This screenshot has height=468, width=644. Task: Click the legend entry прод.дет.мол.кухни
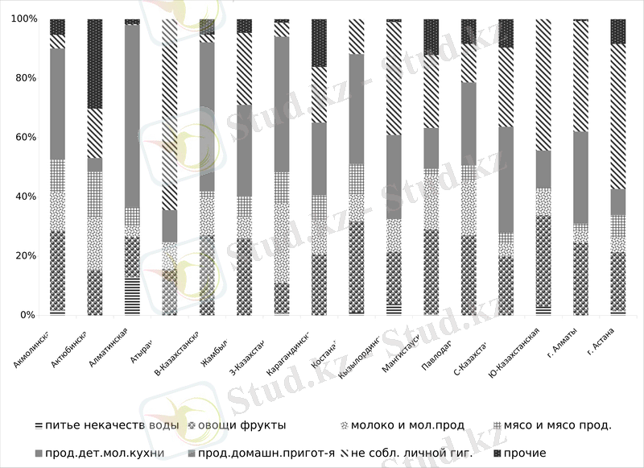click(105, 454)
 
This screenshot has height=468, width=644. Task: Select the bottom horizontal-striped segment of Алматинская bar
click(132, 296)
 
